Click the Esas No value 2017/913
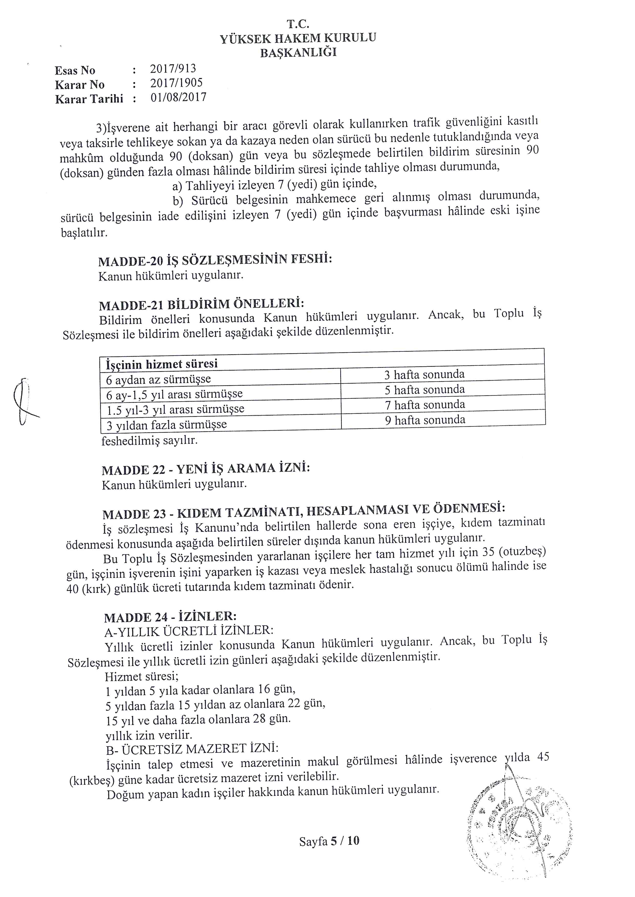click(x=173, y=69)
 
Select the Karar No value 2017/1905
click(x=176, y=83)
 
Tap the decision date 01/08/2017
click(x=178, y=97)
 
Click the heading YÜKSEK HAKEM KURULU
click(x=298, y=38)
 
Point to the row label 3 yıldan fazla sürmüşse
click(x=167, y=425)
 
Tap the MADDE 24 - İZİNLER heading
click(x=170, y=617)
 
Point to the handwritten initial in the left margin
click(x=24, y=402)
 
